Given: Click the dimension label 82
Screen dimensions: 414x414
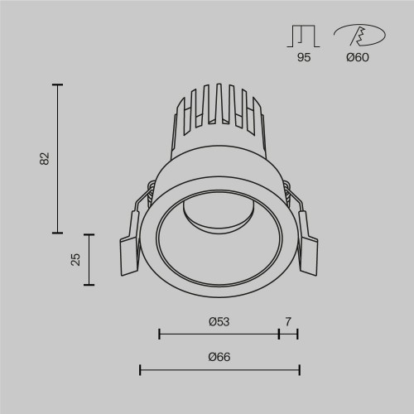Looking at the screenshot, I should pyautogui.click(x=46, y=158).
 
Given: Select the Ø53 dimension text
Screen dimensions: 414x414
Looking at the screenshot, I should pyautogui.click(x=219, y=320).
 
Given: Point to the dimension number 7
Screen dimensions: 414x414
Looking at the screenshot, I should pyautogui.click(x=288, y=320).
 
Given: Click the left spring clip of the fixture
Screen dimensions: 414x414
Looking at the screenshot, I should pyautogui.click(x=131, y=244).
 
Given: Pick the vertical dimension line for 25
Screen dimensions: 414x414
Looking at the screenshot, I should pyautogui.click(x=89, y=259).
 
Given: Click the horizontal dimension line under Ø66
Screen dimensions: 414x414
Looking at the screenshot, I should pyautogui.click(x=219, y=369).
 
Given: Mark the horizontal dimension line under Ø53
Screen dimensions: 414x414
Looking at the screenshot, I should pyautogui.click(x=219, y=334).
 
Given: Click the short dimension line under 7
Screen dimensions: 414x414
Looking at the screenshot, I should pyautogui.click(x=288, y=334).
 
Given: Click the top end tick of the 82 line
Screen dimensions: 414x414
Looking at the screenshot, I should pyautogui.click(x=58, y=84).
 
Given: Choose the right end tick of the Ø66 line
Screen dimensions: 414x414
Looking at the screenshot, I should pyautogui.click(x=299, y=369).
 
